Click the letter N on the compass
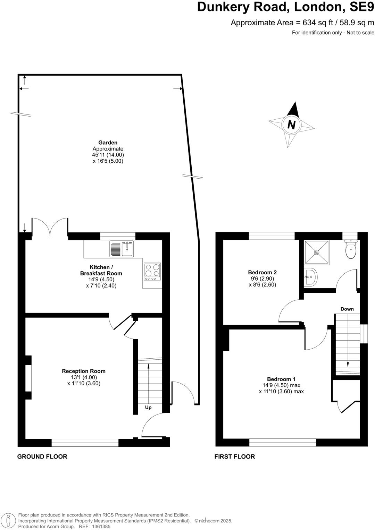click(292, 125)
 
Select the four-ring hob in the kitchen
click(152, 272)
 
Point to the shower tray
click(316, 253)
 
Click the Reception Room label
click(84, 371)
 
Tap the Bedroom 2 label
click(262, 273)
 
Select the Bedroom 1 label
click(281, 379)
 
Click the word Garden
click(108, 143)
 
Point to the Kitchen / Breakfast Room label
click(101, 270)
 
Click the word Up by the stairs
click(148, 408)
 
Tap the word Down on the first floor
click(347, 309)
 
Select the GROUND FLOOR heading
click(42, 457)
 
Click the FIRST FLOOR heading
click(235, 457)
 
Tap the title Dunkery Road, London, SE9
click(285, 7)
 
